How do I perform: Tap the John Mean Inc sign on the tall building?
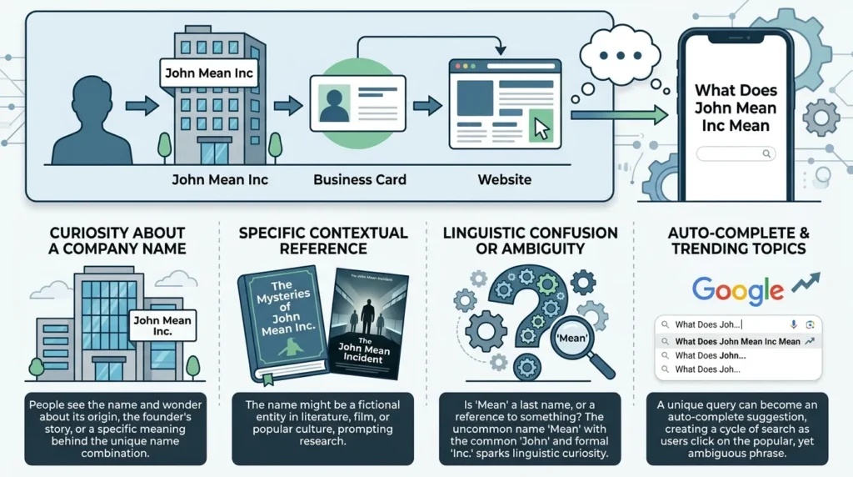click(209, 73)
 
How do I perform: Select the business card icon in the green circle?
click(358, 103)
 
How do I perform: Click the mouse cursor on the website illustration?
click(541, 129)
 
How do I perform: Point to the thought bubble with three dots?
click(620, 55)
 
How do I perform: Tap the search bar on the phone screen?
click(736, 153)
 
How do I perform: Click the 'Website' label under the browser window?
click(504, 179)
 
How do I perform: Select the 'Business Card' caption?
click(360, 179)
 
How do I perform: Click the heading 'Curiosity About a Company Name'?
click(117, 241)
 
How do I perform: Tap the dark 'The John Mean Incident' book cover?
click(368, 324)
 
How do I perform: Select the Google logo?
click(738, 290)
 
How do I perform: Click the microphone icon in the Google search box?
click(794, 324)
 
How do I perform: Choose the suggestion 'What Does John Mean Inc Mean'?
click(738, 341)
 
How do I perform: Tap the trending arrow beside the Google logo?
click(806, 284)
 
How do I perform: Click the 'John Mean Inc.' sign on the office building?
click(162, 325)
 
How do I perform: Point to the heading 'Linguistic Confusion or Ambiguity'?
click(531, 241)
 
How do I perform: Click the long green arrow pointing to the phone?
click(619, 115)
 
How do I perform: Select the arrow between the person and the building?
click(142, 105)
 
